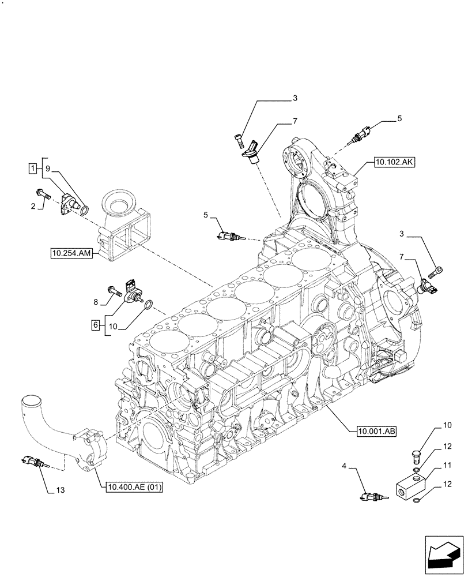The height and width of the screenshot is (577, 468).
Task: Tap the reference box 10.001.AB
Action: pos(370,430)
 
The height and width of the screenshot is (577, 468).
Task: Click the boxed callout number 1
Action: pos(33,168)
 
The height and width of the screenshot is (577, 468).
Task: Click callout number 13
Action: pos(61,490)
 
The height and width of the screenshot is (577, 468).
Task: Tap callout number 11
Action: pos(447,464)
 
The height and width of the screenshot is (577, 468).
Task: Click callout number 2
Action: pos(34,205)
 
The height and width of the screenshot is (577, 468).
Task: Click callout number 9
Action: pos(48,169)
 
